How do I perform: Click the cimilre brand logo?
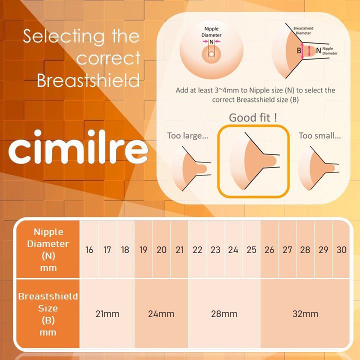click(x=78, y=147)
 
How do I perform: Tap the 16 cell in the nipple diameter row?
click(x=89, y=249)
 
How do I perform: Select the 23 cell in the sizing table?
click(x=215, y=249)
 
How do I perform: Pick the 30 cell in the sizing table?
click(x=341, y=249)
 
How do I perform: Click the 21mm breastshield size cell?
click(x=107, y=313)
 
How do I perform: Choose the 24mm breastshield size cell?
click(x=161, y=313)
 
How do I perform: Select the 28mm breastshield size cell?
click(x=224, y=313)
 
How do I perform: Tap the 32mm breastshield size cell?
click(x=305, y=313)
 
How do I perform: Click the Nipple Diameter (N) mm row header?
click(x=48, y=249)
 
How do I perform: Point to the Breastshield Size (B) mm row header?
click(x=48, y=313)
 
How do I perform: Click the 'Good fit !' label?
click(x=253, y=118)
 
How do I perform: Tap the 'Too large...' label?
click(x=187, y=135)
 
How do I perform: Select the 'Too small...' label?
click(x=319, y=135)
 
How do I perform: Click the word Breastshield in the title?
click(x=88, y=80)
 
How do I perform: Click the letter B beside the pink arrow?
click(x=299, y=50)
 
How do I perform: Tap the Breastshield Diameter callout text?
click(x=303, y=31)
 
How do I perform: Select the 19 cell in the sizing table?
click(x=143, y=249)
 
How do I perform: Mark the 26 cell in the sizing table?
click(x=269, y=249)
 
